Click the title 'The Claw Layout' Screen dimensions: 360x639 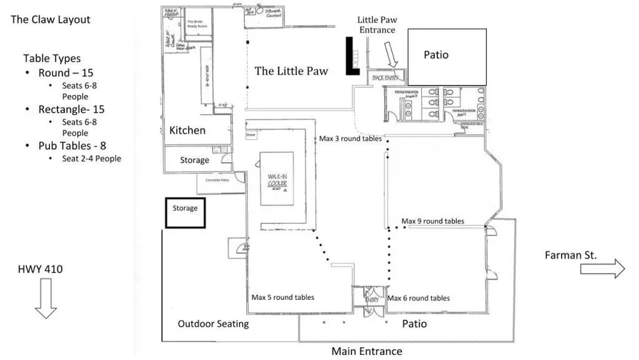click(x=50, y=20)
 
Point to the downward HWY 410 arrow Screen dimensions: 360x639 click(x=45, y=299)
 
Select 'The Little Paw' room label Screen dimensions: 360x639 click(x=291, y=71)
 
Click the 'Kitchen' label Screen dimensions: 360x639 click(x=187, y=130)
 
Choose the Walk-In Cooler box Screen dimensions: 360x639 click(x=277, y=178)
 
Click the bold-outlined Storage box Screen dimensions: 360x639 click(x=185, y=212)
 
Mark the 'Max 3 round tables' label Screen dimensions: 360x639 click(x=350, y=139)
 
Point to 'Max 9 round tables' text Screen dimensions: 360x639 click(x=433, y=221)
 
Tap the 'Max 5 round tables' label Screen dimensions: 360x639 click(x=282, y=297)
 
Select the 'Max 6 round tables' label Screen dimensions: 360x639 click(x=419, y=298)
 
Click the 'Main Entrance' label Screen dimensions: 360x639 click(x=367, y=351)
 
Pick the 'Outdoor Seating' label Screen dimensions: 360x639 click(x=213, y=324)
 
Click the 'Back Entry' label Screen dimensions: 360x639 click(x=385, y=77)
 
